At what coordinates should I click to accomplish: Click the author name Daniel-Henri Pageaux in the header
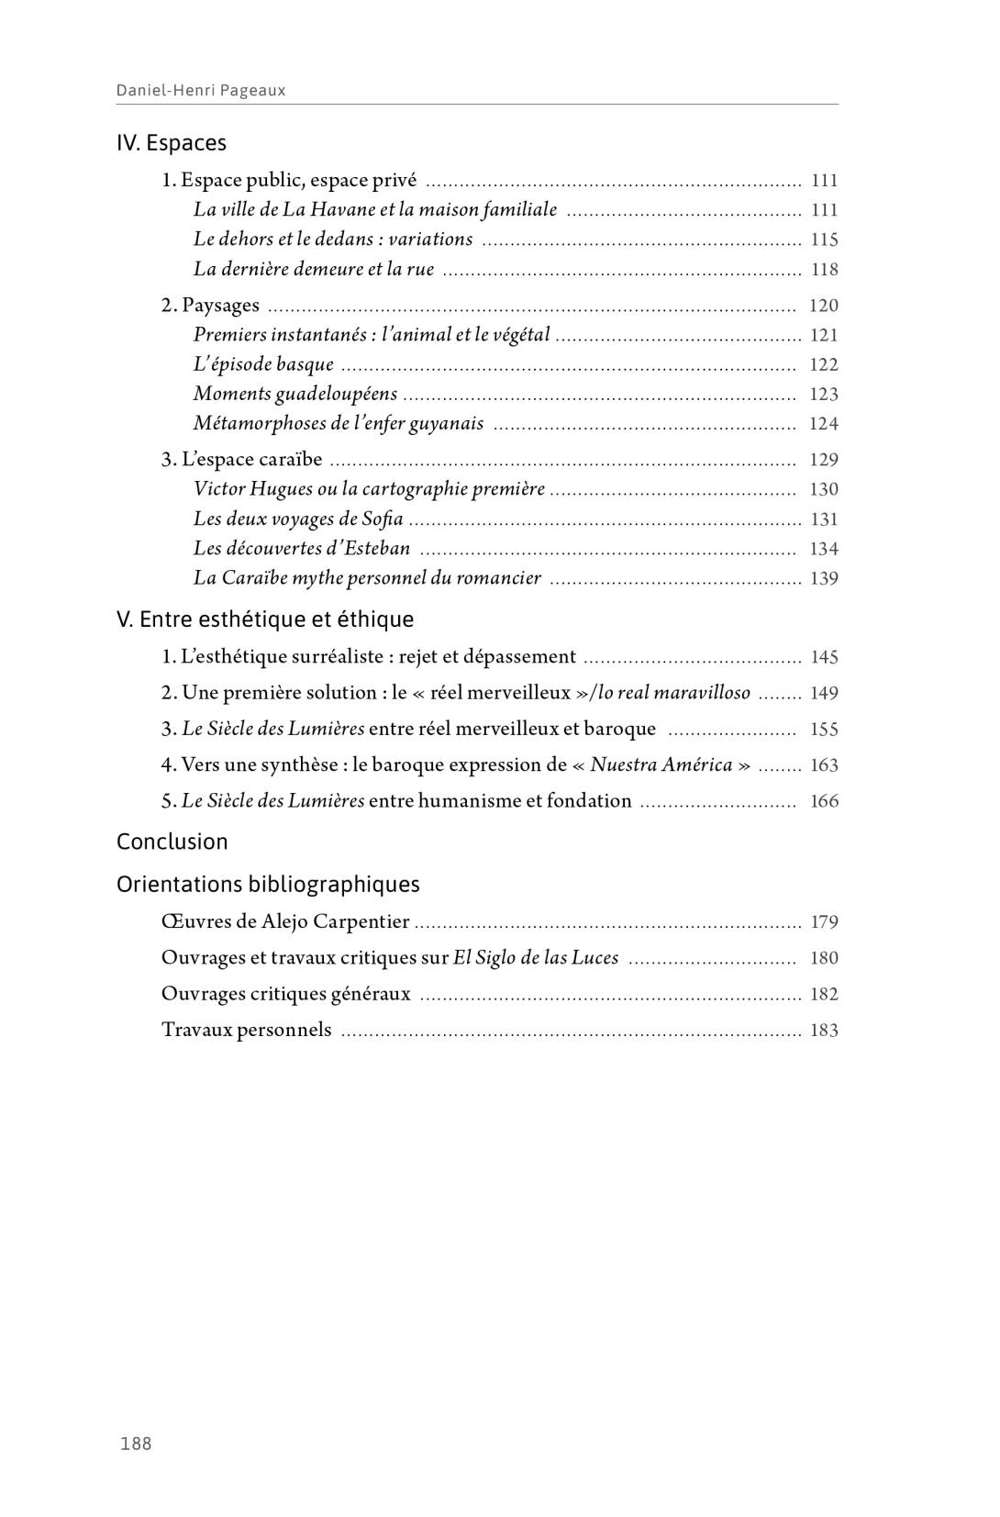[x=201, y=90]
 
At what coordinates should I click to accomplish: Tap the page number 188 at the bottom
[x=136, y=1444]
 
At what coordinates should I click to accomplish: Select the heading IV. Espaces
[x=172, y=143]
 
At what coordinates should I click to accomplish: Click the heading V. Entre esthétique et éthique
[x=265, y=619]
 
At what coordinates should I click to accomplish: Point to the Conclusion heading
[x=172, y=842]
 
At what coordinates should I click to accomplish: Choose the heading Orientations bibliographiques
[x=268, y=885]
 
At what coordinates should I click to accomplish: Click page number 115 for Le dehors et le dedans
[x=824, y=240]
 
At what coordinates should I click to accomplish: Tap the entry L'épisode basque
[x=263, y=364]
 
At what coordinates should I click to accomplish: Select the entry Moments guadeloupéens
[x=295, y=394]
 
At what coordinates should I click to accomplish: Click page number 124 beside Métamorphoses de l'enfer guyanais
[x=824, y=424]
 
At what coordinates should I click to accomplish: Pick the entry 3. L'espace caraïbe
[x=242, y=459]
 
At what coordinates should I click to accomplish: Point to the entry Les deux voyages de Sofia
[x=298, y=519]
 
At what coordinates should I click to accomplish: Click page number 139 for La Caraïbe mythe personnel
[x=824, y=578]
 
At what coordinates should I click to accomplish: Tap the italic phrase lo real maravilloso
[x=674, y=693]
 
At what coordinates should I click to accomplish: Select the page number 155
[x=824, y=730]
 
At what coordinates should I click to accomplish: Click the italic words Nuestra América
[x=661, y=764]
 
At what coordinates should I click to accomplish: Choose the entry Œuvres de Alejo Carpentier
[x=285, y=921]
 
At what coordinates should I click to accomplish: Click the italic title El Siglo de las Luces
[x=536, y=958]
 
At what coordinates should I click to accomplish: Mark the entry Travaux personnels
[x=247, y=1030]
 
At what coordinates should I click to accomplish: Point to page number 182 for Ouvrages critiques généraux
[x=824, y=994]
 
